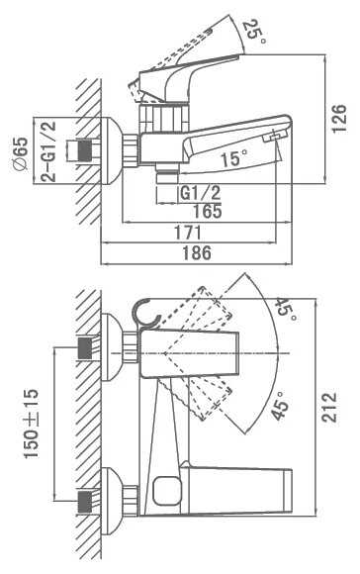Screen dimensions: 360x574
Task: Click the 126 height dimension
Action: coord(339,118)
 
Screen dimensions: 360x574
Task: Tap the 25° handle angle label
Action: coord(254,33)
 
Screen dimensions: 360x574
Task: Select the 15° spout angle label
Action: coord(233,159)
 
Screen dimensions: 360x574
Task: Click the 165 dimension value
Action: coord(208,211)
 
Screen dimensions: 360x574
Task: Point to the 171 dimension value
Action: coord(187,233)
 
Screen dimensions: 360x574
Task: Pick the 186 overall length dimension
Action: coord(197,253)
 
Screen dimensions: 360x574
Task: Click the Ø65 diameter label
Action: coord(21,153)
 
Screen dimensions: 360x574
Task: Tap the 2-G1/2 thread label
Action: coord(48,151)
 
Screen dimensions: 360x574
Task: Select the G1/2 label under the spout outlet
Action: coord(200,193)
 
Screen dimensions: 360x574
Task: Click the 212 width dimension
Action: coord(329,408)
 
